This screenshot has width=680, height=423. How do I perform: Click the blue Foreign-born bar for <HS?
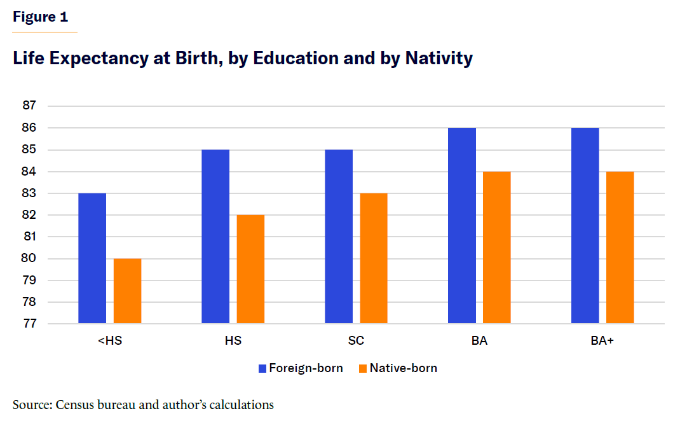(x=92, y=258)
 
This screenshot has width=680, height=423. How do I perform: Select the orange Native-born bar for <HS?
(x=127, y=291)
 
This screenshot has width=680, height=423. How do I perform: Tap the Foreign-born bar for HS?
(x=215, y=237)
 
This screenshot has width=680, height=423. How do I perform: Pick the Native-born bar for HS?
(x=250, y=269)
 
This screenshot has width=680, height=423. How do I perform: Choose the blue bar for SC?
(x=339, y=237)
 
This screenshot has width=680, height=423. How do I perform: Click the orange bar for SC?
(x=374, y=258)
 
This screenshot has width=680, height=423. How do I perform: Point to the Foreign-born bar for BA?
(x=462, y=226)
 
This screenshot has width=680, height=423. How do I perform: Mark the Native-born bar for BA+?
(x=620, y=247)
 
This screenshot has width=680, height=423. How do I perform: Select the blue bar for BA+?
(x=585, y=226)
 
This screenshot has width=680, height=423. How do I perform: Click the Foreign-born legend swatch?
(x=262, y=368)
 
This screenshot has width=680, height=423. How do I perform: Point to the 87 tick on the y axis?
(x=30, y=106)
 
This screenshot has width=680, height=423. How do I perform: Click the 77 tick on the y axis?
(x=30, y=324)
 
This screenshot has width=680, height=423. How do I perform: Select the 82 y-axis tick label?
(x=30, y=215)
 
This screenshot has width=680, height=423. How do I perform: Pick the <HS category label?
(x=110, y=341)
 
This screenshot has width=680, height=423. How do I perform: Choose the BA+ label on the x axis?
(x=602, y=341)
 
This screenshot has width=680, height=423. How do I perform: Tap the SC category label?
(x=356, y=341)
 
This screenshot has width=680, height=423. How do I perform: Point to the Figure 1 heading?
(x=40, y=17)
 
